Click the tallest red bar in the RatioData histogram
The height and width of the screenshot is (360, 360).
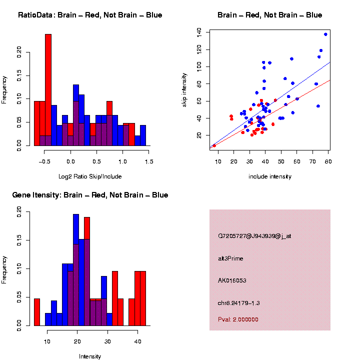[x=48, y=90]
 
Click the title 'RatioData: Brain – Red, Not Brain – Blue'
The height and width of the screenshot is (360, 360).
[x=90, y=15]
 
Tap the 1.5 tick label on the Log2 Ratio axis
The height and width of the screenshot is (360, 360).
[x=148, y=161]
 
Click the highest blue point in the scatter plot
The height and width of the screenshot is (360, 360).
[x=325, y=34]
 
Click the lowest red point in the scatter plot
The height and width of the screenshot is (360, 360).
[x=214, y=145]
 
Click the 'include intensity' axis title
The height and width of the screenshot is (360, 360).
[x=270, y=176]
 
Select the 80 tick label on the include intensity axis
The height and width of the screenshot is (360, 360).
[x=329, y=161]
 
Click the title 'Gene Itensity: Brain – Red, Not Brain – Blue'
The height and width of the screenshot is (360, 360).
[x=90, y=195]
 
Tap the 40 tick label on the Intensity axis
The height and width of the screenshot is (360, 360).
[x=137, y=341]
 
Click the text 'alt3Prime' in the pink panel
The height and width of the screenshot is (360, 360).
[x=231, y=258]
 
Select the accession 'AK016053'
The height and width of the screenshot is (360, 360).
[x=232, y=280]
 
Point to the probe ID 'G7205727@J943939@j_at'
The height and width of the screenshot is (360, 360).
[x=254, y=236]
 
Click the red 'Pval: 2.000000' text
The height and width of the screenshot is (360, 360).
[x=238, y=319]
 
